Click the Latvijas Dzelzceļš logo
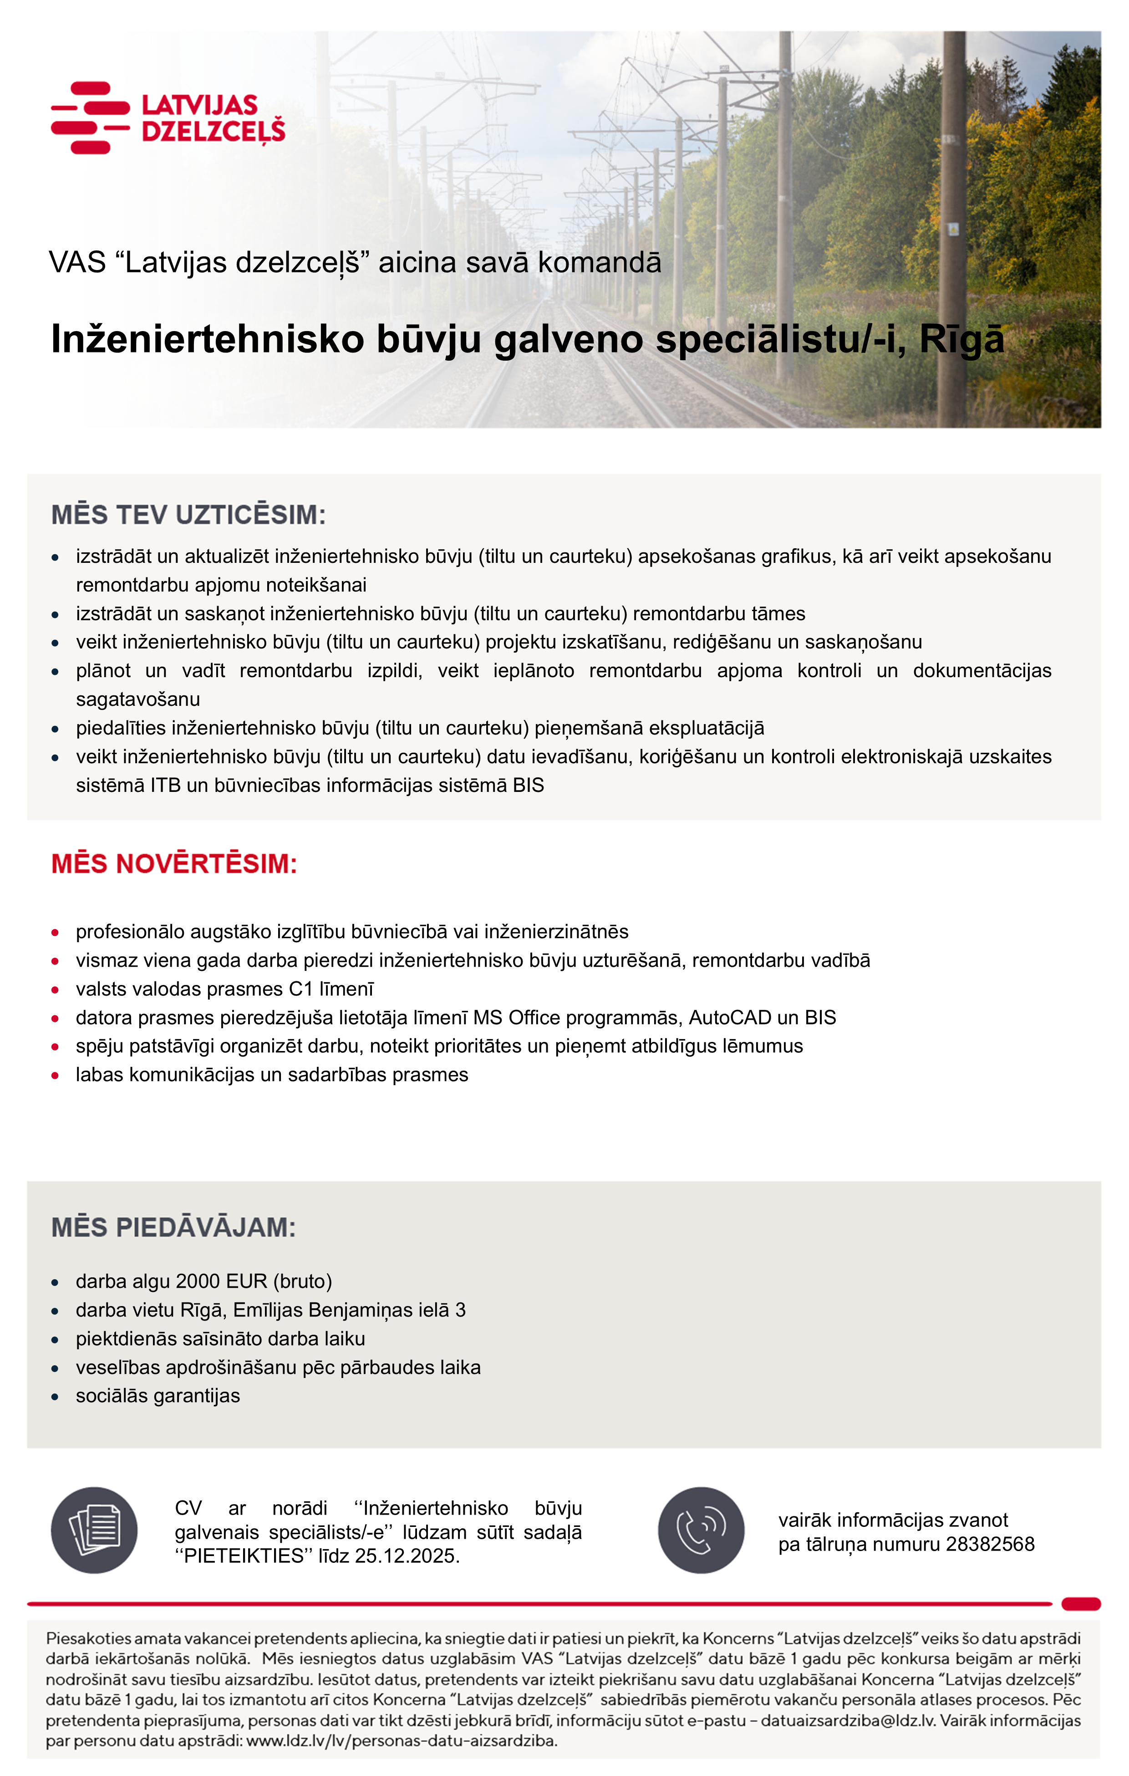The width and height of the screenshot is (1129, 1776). (x=168, y=118)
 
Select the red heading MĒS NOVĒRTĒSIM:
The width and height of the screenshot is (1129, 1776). (x=174, y=864)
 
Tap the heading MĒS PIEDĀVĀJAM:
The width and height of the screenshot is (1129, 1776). (x=173, y=1227)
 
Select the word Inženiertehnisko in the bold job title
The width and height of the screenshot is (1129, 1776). (x=208, y=340)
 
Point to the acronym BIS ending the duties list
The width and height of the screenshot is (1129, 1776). (x=528, y=786)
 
